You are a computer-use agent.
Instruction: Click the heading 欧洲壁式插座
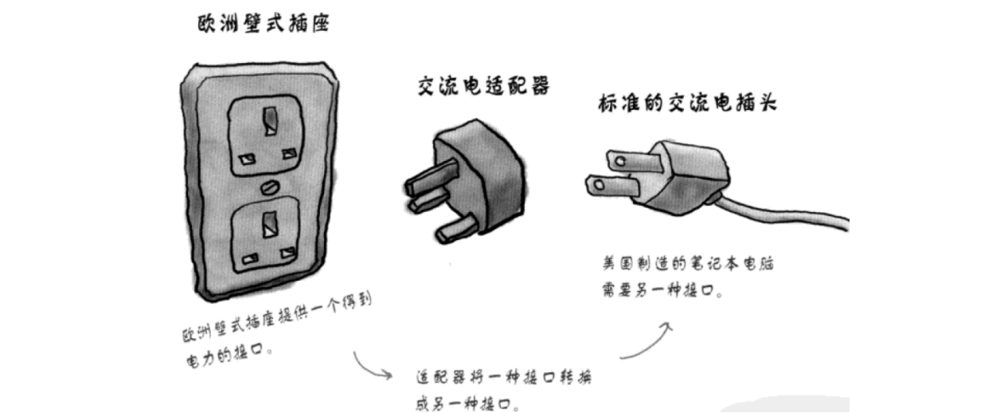click(262, 25)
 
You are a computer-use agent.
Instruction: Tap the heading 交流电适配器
click(483, 85)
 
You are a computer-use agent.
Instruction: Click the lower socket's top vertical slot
click(269, 222)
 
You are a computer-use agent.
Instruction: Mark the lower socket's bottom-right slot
click(293, 257)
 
